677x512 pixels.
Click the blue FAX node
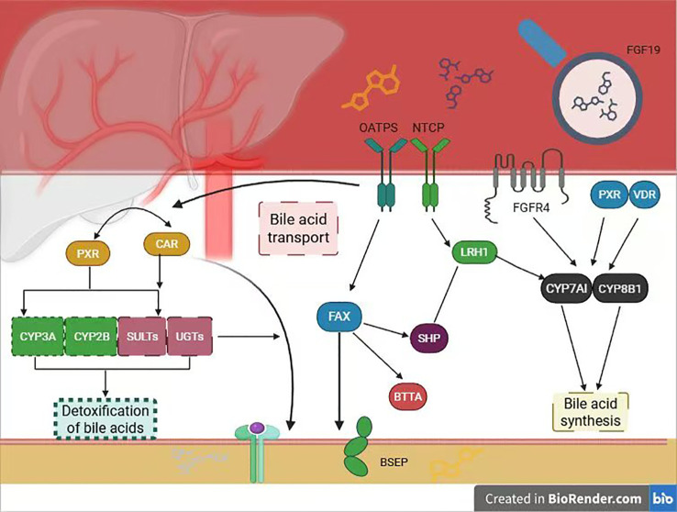tap(339, 317)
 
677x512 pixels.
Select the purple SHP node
tap(428, 338)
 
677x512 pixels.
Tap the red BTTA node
tap(407, 395)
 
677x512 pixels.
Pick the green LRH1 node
tap(474, 252)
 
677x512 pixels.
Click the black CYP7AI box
tap(567, 288)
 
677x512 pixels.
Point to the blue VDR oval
tap(644, 195)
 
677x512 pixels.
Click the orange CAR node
tap(167, 244)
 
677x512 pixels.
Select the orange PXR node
tap(88, 253)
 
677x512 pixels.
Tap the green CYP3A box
tap(38, 337)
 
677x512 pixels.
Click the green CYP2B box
tap(91, 337)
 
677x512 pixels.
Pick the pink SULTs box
tap(142, 337)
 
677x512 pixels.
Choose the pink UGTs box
tap(190, 337)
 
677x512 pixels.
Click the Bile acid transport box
tap(298, 228)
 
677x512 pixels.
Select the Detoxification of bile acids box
tap(105, 418)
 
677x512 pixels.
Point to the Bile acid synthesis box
tap(590, 412)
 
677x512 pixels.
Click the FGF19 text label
tap(643, 50)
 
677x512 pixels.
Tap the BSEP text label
tap(394, 462)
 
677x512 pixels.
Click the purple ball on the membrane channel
tap(258, 428)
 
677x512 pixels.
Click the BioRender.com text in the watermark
tap(595, 499)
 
